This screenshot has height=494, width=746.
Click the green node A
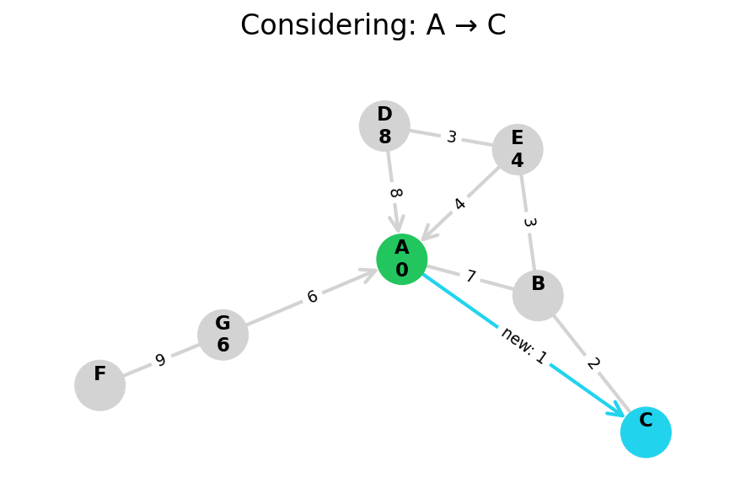[401, 259]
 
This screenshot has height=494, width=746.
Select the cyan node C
[646, 432]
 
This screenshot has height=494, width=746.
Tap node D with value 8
[384, 126]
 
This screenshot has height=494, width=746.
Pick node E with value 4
[518, 149]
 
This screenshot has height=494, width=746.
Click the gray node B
[538, 295]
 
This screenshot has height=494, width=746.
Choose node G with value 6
[223, 335]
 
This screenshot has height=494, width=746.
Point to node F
[99, 385]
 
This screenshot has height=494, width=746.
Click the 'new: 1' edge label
[523, 346]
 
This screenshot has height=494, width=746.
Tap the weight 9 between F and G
[160, 361]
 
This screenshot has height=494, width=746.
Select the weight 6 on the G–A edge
[312, 297]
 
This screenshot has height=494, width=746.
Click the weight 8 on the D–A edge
[394, 193]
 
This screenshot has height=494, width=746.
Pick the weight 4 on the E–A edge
[459, 204]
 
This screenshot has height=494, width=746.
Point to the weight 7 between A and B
[470, 277]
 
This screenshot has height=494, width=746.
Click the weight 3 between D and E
[452, 137]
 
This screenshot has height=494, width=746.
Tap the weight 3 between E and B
[529, 223]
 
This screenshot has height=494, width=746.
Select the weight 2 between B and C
[593, 363]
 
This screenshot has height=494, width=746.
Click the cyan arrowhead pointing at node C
[617, 411]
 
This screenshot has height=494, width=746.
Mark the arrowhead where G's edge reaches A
[369, 272]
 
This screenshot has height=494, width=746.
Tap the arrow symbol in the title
[466, 26]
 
